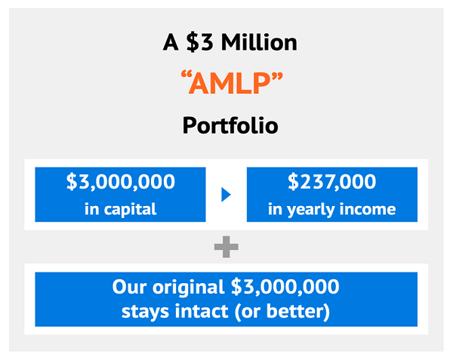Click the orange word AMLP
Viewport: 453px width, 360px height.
pyautogui.click(x=230, y=84)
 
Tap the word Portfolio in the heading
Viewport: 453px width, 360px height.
pyautogui.click(x=230, y=125)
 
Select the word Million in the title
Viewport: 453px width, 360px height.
pyautogui.click(x=259, y=42)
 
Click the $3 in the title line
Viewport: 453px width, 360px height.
pyautogui.click(x=200, y=42)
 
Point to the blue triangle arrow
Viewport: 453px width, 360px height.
pyautogui.click(x=226, y=195)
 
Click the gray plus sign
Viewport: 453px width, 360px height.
pyautogui.click(x=226, y=247)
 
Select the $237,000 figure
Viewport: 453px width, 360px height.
pyautogui.click(x=332, y=182)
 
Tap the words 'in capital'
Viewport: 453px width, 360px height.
pyautogui.click(x=121, y=209)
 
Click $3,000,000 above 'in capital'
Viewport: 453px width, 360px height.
pyautogui.click(x=121, y=182)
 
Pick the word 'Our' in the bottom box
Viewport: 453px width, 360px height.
pyautogui.click(x=129, y=287)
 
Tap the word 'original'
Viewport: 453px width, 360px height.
pyautogui.click(x=189, y=288)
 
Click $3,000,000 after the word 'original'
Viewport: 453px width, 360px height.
pyautogui.click(x=285, y=287)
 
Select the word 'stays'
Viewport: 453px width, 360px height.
pyautogui.click(x=145, y=312)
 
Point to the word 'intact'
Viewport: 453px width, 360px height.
pyautogui.click(x=202, y=312)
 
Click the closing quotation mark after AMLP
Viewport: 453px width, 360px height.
pyautogui.click(x=276, y=75)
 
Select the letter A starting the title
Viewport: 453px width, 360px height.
pyautogui.click(x=171, y=42)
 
